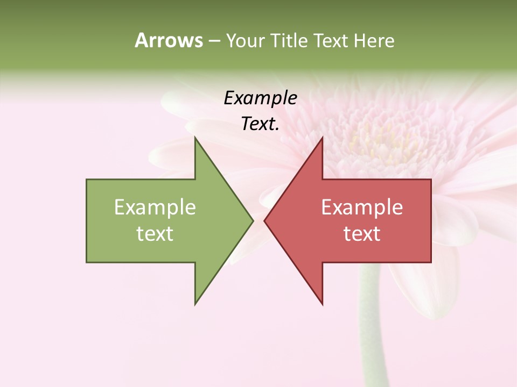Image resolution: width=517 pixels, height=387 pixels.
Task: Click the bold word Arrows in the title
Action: pyautogui.click(x=169, y=40)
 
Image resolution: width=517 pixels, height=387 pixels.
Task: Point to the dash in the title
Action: pyautogui.click(x=214, y=41)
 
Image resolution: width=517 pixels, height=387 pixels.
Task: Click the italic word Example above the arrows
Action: pyautogui.click(x=260, y=98)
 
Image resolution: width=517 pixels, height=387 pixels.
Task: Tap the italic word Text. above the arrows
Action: pyautogui.click(x=260, y=124)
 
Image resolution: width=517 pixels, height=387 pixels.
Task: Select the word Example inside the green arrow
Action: pyautogui.click(x=155, y=207)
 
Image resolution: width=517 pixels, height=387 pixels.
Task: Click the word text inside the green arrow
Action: pyautogui.click(x=155, y=234)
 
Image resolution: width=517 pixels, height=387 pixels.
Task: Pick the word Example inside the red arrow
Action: pyautogui.click(x=362, y=207)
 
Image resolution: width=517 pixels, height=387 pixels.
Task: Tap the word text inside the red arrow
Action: pyautogui.click(x=362, y=234)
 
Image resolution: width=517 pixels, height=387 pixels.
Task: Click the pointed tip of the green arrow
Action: pyautogui.click(x=252, y=220)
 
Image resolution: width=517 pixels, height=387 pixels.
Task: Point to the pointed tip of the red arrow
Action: pyautogui.click(x=265, y=220)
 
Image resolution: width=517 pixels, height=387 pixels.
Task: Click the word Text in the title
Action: pyautogui.click(x=331, y=40)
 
